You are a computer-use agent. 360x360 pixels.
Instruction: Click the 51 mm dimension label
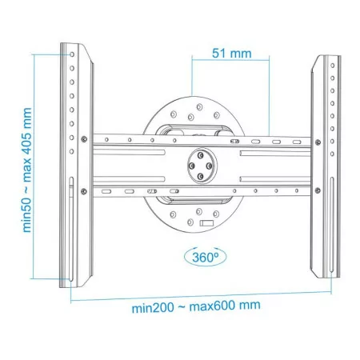click(x=232, y=54)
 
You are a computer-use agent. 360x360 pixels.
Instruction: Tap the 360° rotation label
click(x=205, y=258)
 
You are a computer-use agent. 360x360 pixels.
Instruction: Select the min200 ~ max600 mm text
click(x=196, y=306)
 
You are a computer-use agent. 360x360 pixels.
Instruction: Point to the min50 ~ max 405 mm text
click(x=26, y=170)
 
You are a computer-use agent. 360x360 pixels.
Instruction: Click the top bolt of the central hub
click(x=201, y=155)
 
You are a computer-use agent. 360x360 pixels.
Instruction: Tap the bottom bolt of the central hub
click(x=201, y=176)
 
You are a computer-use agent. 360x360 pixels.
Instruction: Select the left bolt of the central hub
click(x=191, y=166)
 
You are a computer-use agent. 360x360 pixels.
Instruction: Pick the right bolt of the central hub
click(x=210, y=166)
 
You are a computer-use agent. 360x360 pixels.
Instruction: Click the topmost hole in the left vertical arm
click(x=72, y=54)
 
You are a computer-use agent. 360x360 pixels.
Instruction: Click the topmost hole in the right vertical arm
click(x=333, y=66)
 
